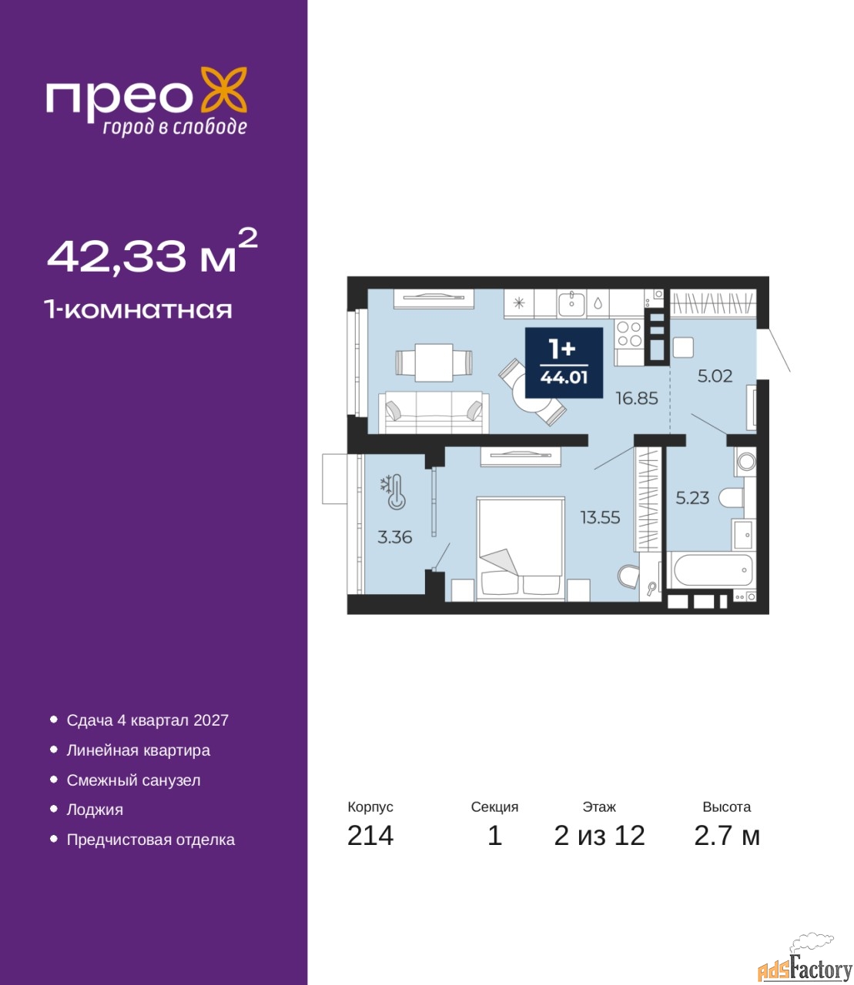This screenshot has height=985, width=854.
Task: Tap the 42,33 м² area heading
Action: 152,252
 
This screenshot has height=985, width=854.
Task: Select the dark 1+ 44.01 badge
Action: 564,362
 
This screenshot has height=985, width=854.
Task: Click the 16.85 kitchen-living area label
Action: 637,399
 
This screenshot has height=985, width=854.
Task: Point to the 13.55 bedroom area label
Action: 601,517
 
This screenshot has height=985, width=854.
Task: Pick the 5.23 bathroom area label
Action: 692,498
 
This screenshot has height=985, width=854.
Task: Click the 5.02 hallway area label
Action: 715,376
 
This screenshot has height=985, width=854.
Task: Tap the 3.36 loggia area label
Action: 395,537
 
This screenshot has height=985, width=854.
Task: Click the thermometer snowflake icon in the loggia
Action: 394,492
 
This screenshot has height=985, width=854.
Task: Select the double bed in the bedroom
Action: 521,549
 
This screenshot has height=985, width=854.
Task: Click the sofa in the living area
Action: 434,412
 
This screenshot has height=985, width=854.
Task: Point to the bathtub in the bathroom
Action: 711,570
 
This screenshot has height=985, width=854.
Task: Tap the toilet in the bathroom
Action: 731,499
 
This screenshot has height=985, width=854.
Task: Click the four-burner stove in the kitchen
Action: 629,333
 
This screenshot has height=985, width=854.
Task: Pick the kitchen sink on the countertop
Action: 571,303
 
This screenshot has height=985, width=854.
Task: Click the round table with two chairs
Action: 532,392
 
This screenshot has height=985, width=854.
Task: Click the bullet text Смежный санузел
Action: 133,780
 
